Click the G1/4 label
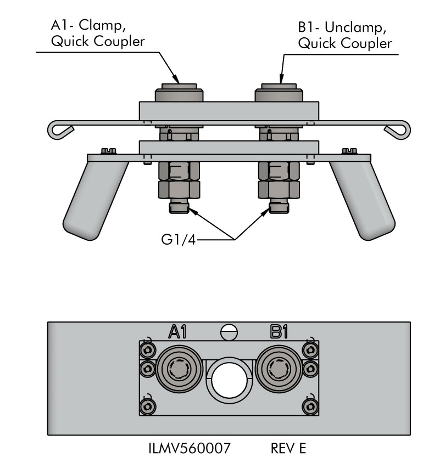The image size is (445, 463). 179,240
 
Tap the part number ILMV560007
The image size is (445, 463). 189,448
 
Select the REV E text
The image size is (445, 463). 288,448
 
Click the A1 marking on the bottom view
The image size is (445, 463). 177,331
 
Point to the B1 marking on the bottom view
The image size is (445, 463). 279,331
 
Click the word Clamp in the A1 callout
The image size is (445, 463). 100,25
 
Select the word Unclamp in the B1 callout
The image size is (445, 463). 355,27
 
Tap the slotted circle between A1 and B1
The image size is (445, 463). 229,332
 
